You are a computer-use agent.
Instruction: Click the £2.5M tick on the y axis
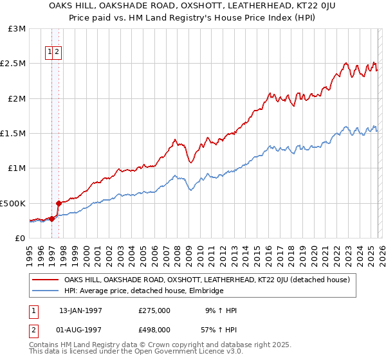click(x=12, y=64)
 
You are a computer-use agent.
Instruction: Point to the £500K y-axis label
click(x=12, y=203)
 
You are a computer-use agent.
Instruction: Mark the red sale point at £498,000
click(x=59, y=203)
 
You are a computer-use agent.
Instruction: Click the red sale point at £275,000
click(x=52, y=219)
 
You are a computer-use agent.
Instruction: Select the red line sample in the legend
click(x=46, y=280)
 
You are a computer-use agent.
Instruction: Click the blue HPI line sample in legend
click(x=46, y=291)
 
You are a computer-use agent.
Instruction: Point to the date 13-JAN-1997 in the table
click(x=80, y=310)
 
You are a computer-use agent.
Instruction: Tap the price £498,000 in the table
click(x=154, y=330)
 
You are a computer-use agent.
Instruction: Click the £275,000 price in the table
click(x=154, y=310)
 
